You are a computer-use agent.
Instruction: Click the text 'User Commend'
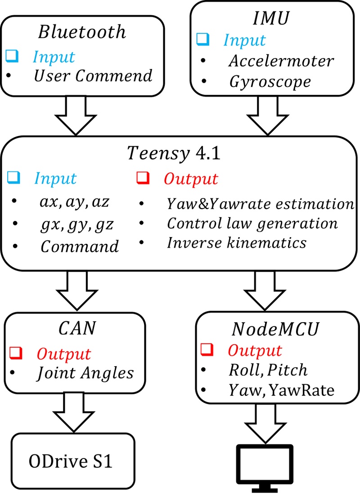click(x=93, y=76)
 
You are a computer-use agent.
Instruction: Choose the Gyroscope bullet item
click(x=270, y=81)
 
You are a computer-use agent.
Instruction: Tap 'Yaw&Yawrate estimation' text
click(x=260, y=204)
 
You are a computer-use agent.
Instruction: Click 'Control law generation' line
click(x=252, y=223)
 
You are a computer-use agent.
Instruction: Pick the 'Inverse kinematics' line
click(x=237, y=243)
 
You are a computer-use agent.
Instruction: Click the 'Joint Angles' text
click(x=85, y=373)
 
